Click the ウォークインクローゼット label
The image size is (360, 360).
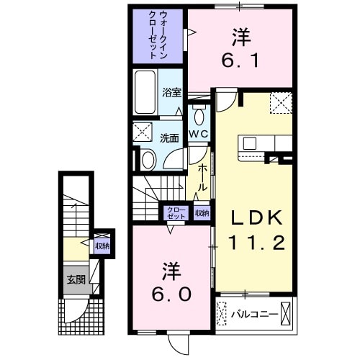tap(157, 34)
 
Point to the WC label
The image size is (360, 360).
tap(199, 134)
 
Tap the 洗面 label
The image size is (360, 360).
tap(169, 138)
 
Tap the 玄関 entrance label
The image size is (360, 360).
tap(76, 279)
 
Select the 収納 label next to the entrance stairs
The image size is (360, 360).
tap(102, 246)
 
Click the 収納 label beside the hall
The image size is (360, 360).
tap(202, 212)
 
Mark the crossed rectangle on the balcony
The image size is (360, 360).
tap(287, 313)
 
